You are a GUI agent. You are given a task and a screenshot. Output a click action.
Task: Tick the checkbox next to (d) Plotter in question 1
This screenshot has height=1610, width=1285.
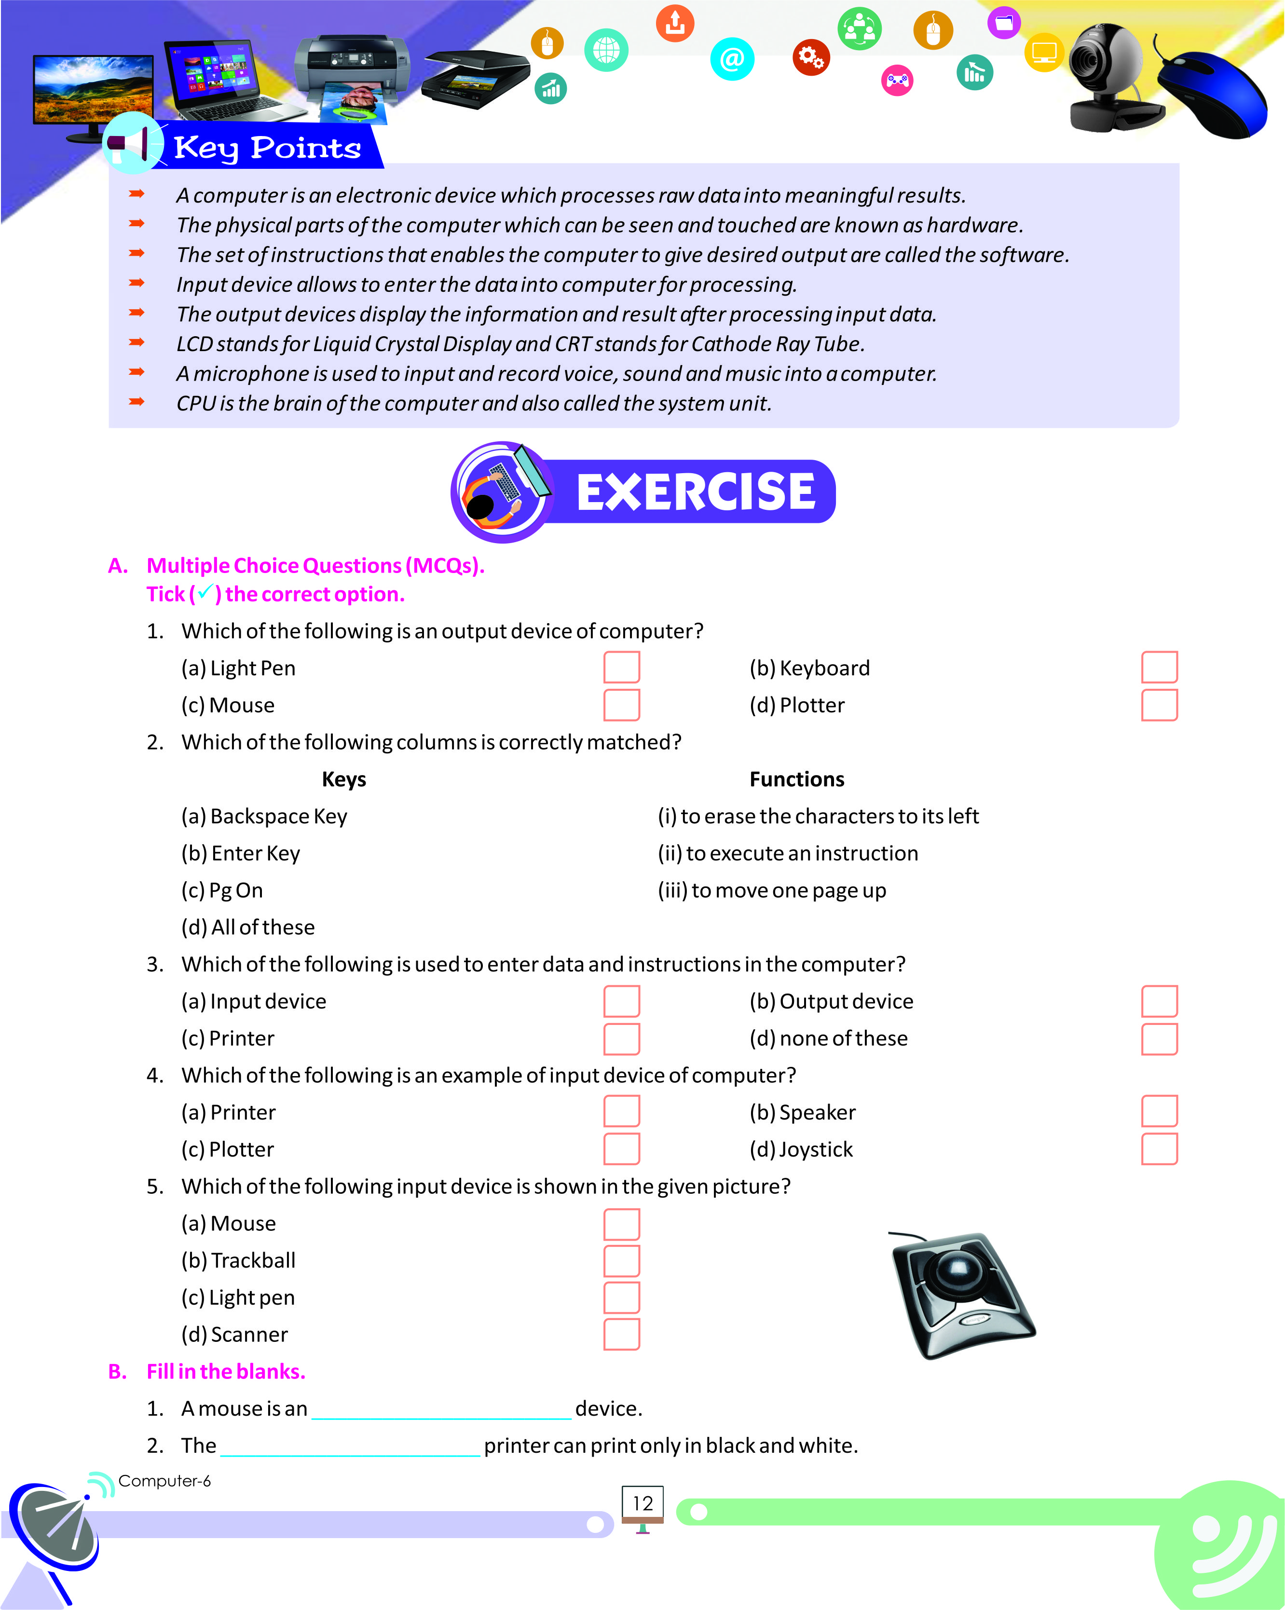click(x=1159, y=705)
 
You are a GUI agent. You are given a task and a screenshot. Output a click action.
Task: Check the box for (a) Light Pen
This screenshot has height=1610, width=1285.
click(x=621, y=667)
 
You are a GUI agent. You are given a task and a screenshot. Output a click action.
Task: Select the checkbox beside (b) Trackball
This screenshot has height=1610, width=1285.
click(x=621, y=1260)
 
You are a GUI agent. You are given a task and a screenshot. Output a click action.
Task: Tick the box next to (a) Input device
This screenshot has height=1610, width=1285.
click(x=621, y=1001)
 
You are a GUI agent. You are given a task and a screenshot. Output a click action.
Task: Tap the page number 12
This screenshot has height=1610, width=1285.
click(x=642, y=1503)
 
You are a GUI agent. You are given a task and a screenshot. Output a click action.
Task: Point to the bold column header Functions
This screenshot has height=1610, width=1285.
click(x=797, y=779)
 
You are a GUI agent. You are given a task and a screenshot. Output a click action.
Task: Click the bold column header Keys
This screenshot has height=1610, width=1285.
click(x=343, y=779)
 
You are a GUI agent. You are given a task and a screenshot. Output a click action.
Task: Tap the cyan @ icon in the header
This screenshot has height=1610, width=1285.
click(x=732, y=59)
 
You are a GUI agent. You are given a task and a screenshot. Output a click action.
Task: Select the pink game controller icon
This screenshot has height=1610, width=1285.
click(x=897, y=80)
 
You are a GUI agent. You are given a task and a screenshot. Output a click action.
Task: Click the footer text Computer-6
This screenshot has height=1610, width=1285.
click(x=164, y=1481)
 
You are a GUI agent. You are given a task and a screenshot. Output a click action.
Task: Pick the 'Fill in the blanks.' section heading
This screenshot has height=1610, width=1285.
click(x=225, y=1371)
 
